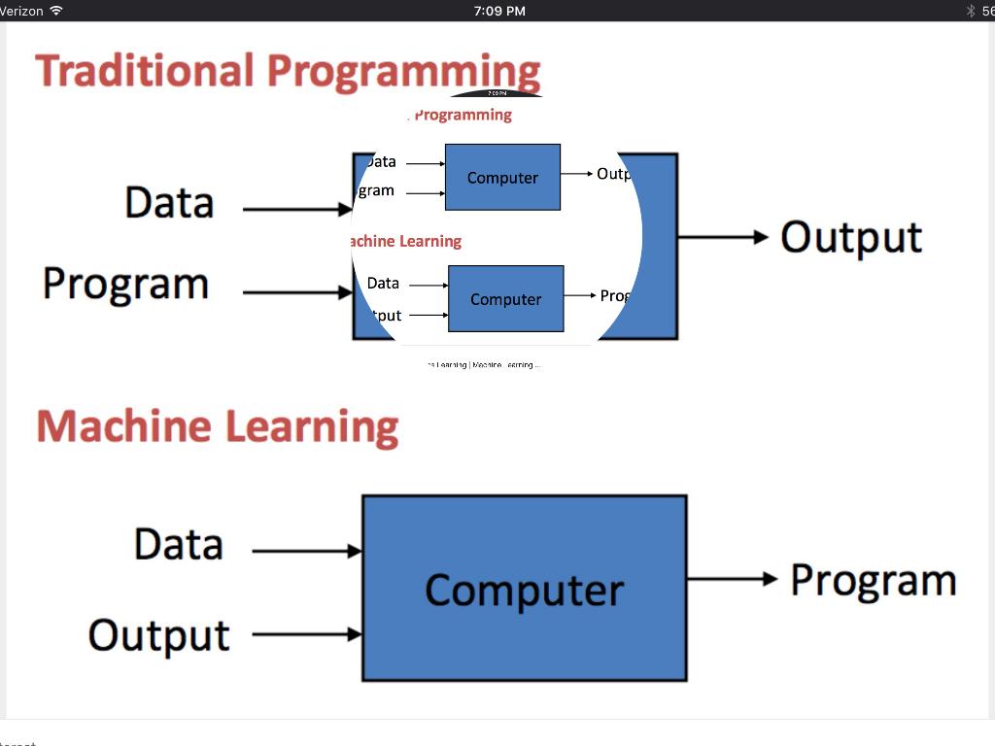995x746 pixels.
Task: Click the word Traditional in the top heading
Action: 144,72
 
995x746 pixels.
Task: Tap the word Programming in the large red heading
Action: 403,72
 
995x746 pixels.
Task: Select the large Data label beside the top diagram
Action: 169,202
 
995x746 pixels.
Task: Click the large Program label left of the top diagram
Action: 125,284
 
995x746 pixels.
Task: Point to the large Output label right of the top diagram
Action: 851,238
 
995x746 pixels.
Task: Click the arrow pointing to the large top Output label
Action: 723,237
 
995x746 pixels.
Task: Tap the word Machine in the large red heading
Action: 121,427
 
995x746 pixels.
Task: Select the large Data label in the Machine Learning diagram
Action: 179,544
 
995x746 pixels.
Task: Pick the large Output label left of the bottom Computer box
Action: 159,635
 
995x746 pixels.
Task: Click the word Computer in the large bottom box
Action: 525,590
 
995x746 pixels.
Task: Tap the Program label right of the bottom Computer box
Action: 873,580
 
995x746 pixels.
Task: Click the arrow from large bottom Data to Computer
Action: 306,551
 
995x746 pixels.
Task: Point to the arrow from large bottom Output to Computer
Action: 306,635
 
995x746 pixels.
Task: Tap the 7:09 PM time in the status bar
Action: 499,11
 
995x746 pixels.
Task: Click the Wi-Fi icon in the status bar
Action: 56,11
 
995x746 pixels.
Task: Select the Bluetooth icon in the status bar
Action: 970,11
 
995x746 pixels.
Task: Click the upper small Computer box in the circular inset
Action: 502,177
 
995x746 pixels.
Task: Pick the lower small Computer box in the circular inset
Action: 505,298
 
